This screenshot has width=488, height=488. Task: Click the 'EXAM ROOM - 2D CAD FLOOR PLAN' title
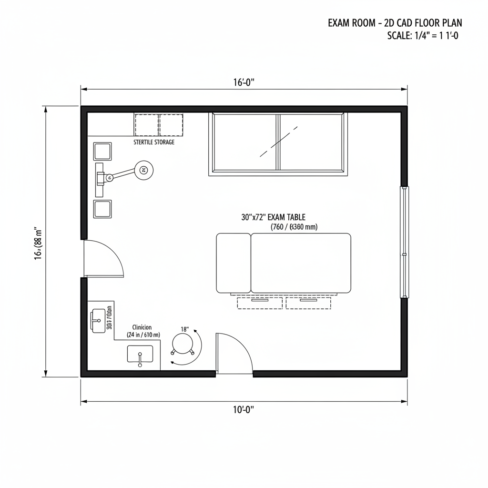point(395,23)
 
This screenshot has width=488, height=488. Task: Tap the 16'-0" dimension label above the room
point(244,82)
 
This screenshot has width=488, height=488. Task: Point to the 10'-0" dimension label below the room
point(244,409)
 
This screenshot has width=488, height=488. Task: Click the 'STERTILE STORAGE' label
point(154,142)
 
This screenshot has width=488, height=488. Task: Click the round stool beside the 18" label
point(182,344)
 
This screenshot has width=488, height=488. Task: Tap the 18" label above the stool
point(185,329)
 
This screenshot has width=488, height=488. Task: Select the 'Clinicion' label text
point(142,327)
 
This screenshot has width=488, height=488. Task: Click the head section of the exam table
point(233,263)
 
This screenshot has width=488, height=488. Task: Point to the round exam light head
point(143,169)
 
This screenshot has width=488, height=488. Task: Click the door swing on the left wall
point(102,259)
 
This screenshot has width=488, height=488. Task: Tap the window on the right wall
point(405,242)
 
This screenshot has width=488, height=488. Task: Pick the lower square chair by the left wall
point(102,209)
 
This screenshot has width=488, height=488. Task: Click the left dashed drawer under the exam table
point(260,302)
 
